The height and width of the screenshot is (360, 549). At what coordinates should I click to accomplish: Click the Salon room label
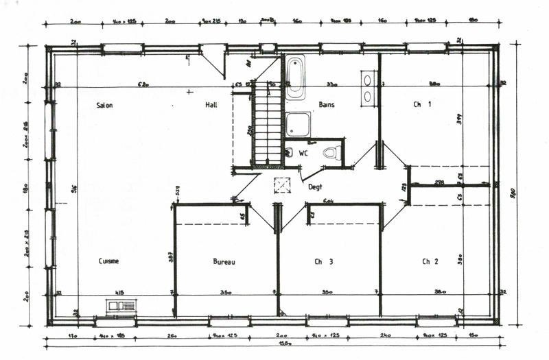coord(104,106)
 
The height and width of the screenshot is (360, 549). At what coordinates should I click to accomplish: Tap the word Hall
coord(211,106)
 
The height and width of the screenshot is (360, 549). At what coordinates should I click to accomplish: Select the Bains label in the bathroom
coord(327,105)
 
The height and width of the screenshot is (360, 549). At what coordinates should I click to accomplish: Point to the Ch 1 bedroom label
coord(421,105)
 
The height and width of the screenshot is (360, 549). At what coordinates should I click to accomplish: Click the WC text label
coord(303,153)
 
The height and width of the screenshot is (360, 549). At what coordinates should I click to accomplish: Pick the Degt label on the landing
coord(315,187)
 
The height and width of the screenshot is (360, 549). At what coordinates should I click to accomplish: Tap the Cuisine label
coord(108,261)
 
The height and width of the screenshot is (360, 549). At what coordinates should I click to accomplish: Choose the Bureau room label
coord(224,261)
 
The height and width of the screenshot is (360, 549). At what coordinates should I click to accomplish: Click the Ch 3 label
coord(324,261)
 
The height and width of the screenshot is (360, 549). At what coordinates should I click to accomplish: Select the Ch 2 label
coord(430,261)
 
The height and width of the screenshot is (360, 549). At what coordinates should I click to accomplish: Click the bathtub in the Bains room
coord(296,77)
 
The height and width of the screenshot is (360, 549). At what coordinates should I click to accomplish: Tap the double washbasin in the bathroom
coord(368,88)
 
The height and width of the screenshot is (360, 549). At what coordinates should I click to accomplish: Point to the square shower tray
coord(298,125)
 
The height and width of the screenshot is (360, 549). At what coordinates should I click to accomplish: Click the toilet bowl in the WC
coord(331,152)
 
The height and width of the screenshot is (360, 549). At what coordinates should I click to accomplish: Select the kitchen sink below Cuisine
coord(121,307)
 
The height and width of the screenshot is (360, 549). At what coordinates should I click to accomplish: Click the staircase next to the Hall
coord(267,123)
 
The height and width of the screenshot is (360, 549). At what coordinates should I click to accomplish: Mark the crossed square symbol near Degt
coord(282,186)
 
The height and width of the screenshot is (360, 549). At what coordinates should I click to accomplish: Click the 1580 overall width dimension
coord(279,346)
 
